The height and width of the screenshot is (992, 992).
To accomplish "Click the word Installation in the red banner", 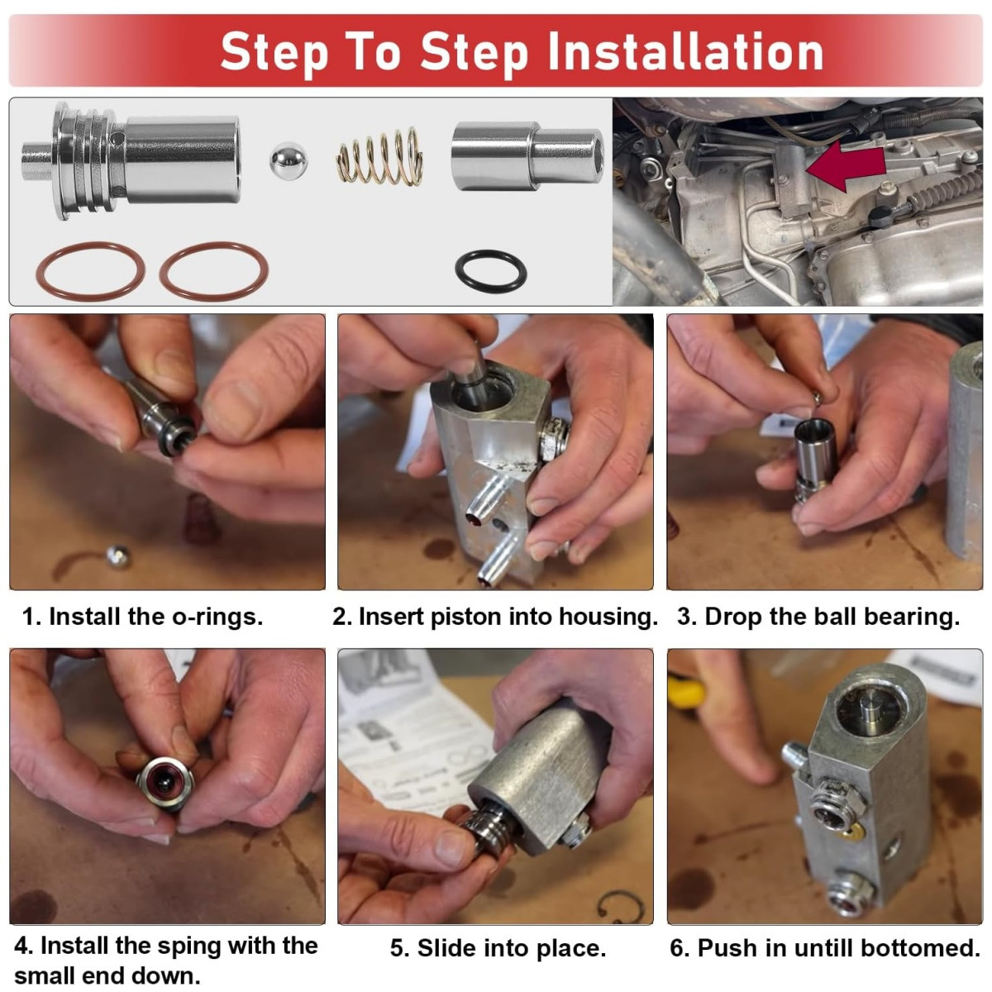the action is pos(685,52).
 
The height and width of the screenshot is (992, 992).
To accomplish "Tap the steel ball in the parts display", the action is pos(289,160).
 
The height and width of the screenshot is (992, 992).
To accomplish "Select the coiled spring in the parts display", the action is pos(379,156).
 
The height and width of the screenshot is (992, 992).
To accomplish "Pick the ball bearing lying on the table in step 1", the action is pos(117,557).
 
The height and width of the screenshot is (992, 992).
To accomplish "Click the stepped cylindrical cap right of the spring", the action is pos(527,155).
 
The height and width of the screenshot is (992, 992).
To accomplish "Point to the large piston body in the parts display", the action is pos(131,160).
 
